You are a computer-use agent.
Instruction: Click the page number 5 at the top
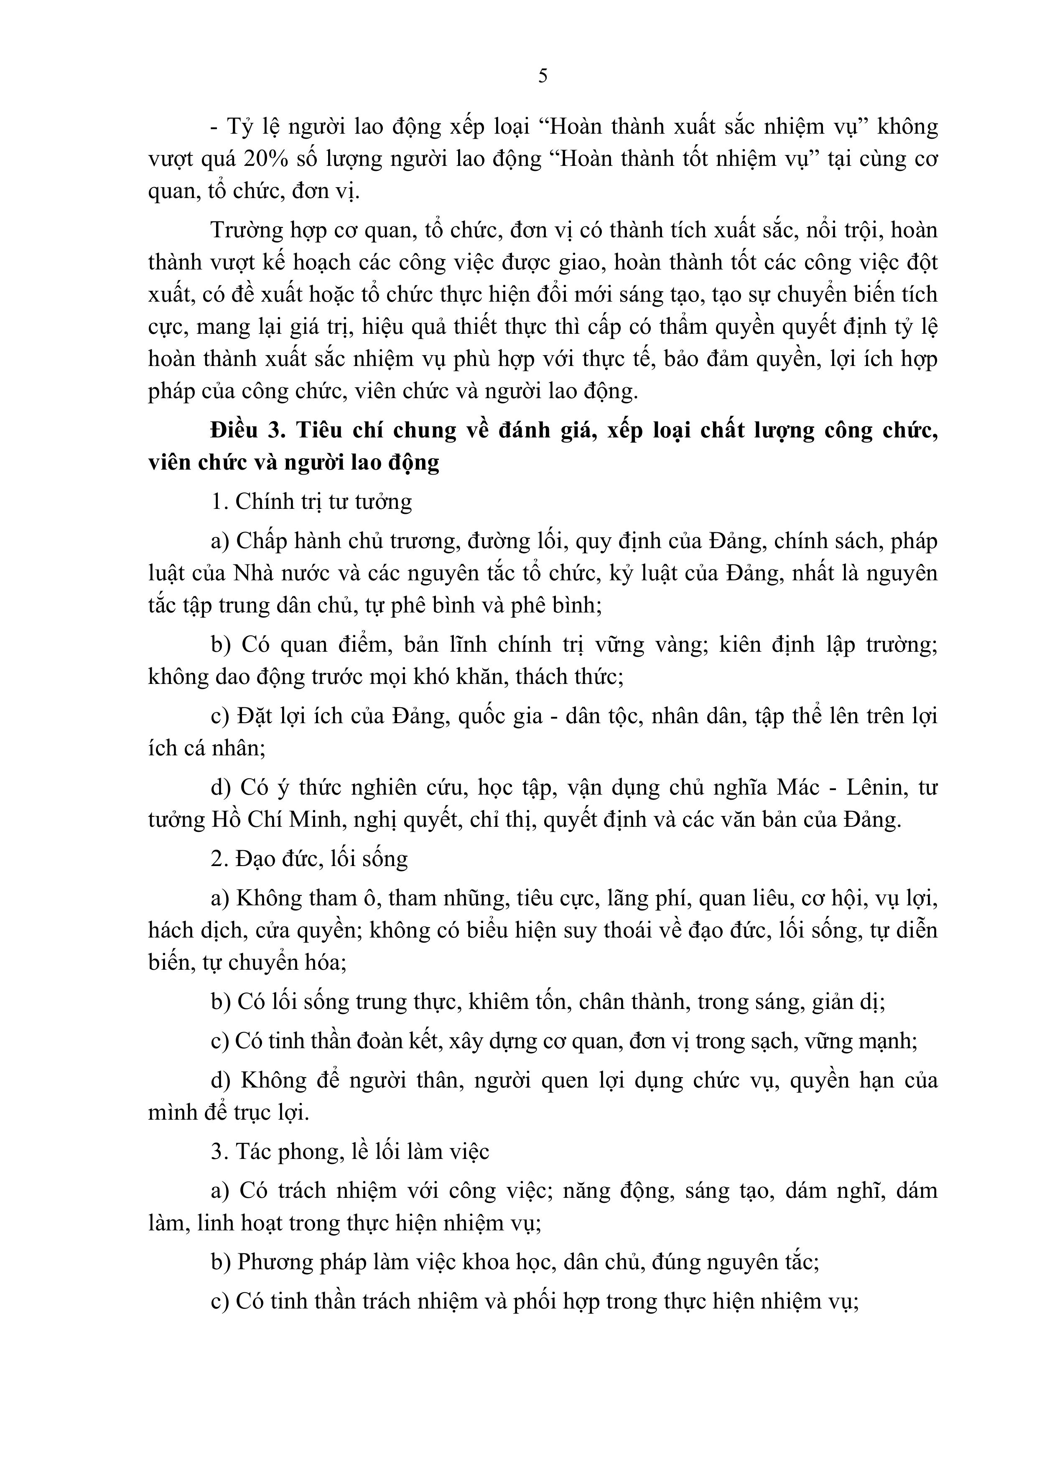pos(543,76)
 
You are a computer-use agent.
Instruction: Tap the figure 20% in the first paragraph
pos(264,160)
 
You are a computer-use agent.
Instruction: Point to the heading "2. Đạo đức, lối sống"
pos(309,859)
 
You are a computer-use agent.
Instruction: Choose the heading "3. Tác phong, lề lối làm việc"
pos(350,1152)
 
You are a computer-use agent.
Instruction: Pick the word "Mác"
pos(797,788)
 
